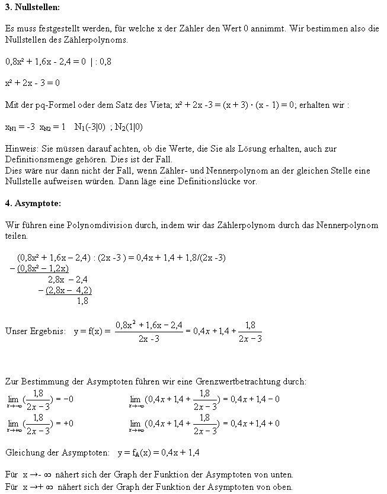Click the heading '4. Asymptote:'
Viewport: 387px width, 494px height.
[x=33, y=203]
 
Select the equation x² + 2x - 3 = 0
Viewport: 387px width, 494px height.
[x=32, y=82]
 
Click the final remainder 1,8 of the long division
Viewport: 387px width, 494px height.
[x=83, y=301]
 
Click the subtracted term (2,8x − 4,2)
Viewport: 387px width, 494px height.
[x=68, y=290]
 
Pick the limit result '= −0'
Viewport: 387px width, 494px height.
[x=63, y=400]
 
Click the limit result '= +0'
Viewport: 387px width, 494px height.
[x=63, y=424]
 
